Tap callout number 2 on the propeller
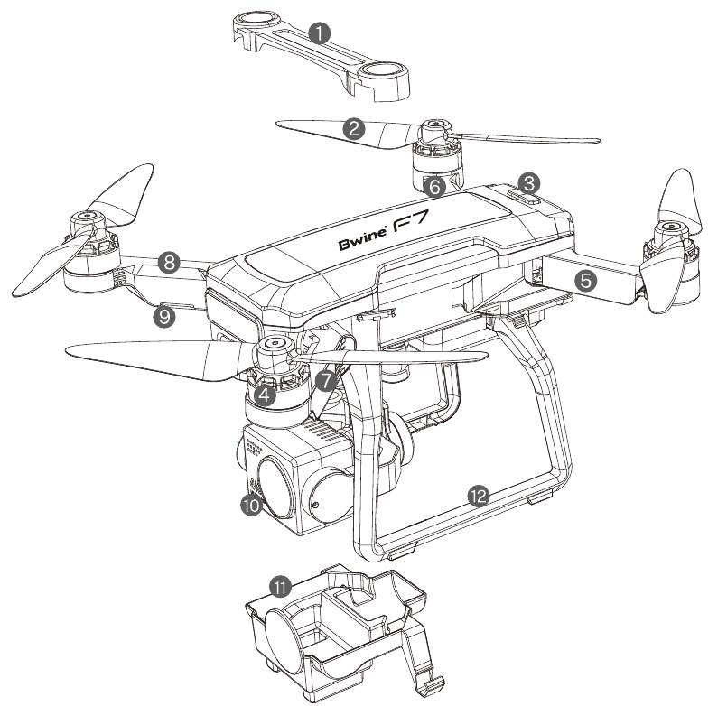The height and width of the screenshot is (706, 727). pyautogui.click(x=355, y=129)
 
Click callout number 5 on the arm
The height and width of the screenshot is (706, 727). pyautogui.click(x=586, y=281)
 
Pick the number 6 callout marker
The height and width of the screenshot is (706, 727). pyautogui.click(x=433, y=187)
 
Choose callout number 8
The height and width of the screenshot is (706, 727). pyautogui.click(x=166, y=263)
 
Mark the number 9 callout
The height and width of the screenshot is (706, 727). pyautogui.click(x=163, y=317)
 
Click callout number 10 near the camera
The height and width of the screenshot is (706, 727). pyautogui.click(x=251, y=506)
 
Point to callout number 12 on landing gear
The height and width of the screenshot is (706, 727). pyautogui.click(x=479, y=495)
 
